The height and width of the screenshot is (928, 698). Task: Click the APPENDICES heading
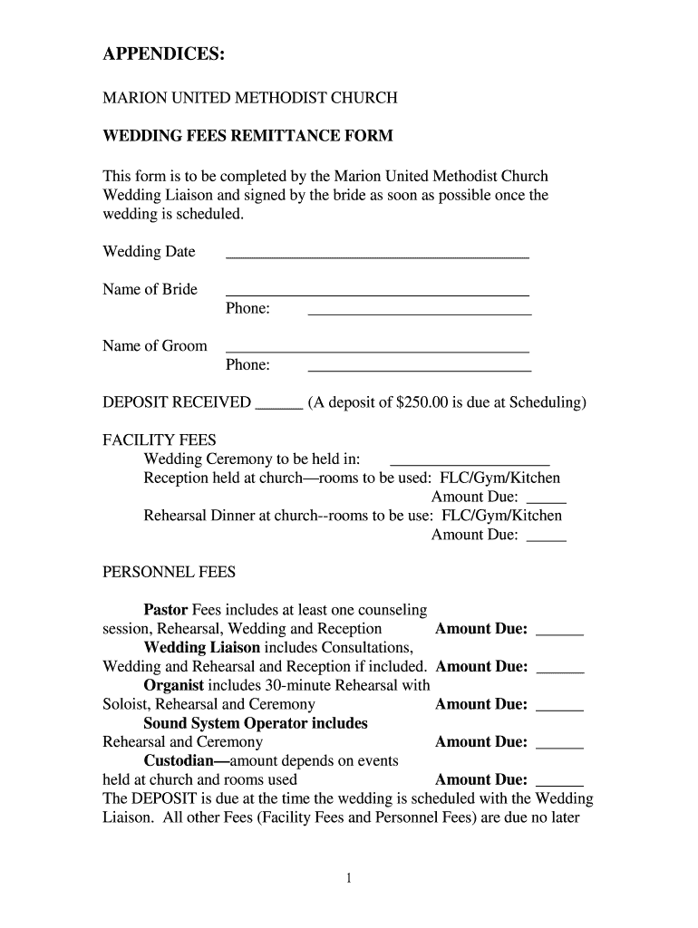click(x=163, y=55)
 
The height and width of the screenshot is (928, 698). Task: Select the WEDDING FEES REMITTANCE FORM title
click(x=247, y=136)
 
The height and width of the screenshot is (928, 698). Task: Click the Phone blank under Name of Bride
click(x=420, y=312)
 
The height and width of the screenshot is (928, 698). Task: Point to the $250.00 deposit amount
click(x=424, y=402)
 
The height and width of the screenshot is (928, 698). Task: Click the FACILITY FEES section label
click(x=159, y=440)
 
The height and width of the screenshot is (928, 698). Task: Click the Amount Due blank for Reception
click(x=546, y=499)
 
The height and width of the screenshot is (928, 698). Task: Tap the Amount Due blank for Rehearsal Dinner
click(x=546, y=537)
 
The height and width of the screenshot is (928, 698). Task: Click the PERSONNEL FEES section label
click(x=169, y=572)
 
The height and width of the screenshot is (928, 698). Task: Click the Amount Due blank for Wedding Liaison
click(x=560, y=670)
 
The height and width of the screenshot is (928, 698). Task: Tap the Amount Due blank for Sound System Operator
click(x=560, y=745)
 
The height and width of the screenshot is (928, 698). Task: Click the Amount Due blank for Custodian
click(x=560, y=783)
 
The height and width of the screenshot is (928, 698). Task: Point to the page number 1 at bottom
click(x=349, y=878)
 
